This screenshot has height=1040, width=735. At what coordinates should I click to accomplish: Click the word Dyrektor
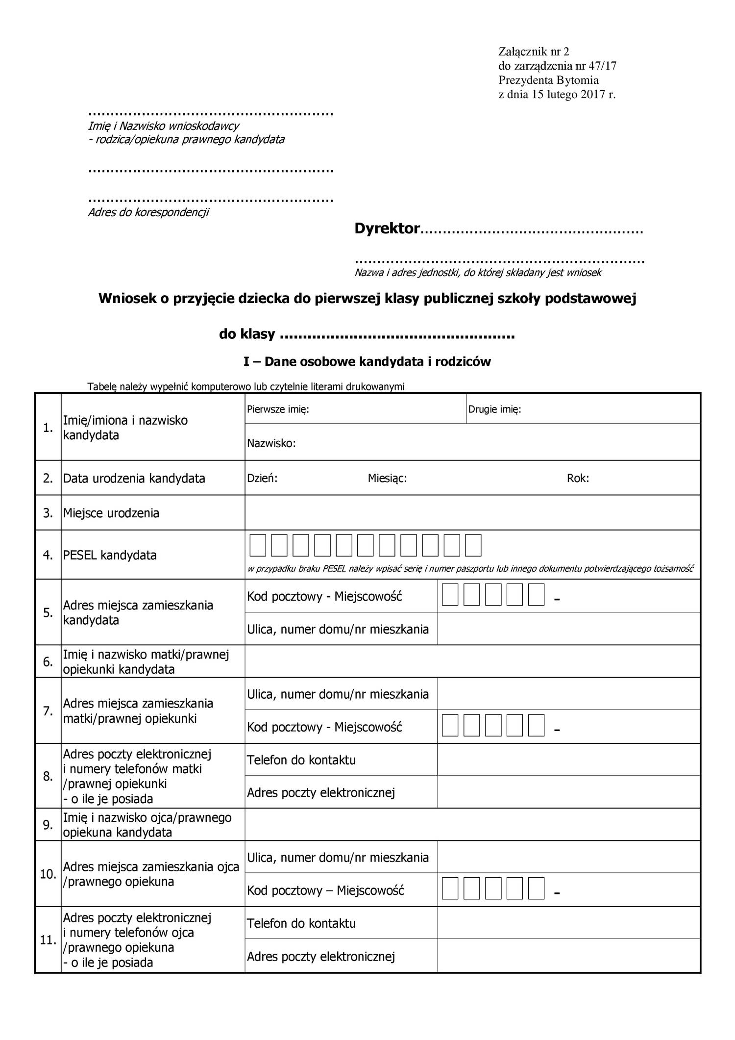pos(387,228)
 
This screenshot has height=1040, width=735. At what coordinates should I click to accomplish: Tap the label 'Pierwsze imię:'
pos(278,409)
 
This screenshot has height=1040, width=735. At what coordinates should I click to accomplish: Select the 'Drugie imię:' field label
pos(494,409)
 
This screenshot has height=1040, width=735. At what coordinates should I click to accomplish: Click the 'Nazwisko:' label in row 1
pos(271,444)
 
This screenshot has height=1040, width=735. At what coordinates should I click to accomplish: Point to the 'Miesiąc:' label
pos(387,479)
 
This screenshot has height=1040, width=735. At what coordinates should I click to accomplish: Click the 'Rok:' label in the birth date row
pos(578,479)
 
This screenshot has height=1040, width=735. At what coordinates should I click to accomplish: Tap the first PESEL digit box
pos(258,546)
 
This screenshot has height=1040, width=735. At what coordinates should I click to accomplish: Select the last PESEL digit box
pos(473,546)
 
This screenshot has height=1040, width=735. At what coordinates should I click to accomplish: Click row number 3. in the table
pos(48,513)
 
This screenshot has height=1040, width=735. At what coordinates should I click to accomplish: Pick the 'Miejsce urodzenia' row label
pos(111,513)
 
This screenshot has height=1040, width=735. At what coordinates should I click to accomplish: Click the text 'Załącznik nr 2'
pos(534,52)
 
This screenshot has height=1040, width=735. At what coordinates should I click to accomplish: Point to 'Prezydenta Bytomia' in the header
pos(548,80)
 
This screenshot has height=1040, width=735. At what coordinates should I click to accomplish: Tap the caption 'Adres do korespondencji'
pos(148,212)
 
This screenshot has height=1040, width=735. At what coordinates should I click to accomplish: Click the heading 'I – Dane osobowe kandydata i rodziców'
pos(367,362)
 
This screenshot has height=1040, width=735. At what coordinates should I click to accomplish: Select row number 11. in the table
pos(48,940)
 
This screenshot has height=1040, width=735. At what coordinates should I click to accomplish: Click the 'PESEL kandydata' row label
pos(110,556)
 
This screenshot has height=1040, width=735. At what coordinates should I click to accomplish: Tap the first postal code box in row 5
pos(450,595)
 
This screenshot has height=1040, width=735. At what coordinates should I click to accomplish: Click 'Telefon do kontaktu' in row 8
pos(301,760)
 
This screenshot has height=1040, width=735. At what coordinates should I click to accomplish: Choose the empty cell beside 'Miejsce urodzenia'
pos(472,513)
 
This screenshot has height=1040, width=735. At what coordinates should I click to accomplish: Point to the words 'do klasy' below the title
pos(246,334)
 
